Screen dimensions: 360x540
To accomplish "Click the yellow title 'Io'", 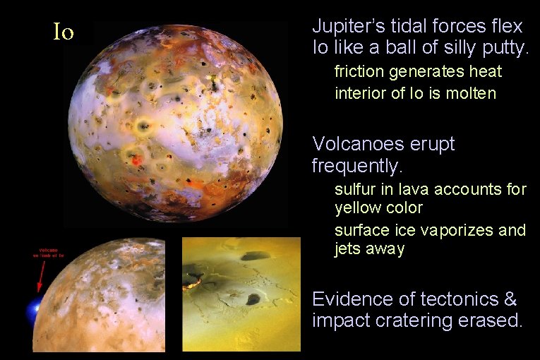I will [x=64, y=32].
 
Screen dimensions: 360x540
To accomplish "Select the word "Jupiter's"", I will [x=346, y=28].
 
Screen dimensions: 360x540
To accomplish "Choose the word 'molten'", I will [x=472, y=93].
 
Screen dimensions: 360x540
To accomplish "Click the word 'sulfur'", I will [x=353, y=189].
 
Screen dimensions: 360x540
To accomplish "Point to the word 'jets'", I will [x=348, y=249].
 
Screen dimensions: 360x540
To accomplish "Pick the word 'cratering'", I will [x=411, y=321].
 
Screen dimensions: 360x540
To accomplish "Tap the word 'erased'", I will [x=493, y=321].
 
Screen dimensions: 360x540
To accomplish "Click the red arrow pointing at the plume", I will [x=40, y=279].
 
